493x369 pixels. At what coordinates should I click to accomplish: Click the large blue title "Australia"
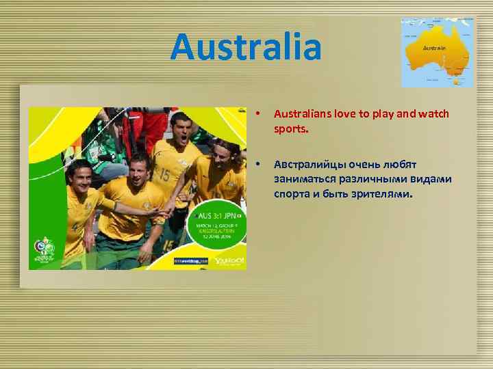point(246,46)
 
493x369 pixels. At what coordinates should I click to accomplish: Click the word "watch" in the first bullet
point(433,113)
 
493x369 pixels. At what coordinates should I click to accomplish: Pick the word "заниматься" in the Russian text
point(303,179)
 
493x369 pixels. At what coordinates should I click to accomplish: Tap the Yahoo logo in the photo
point(228,260)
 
